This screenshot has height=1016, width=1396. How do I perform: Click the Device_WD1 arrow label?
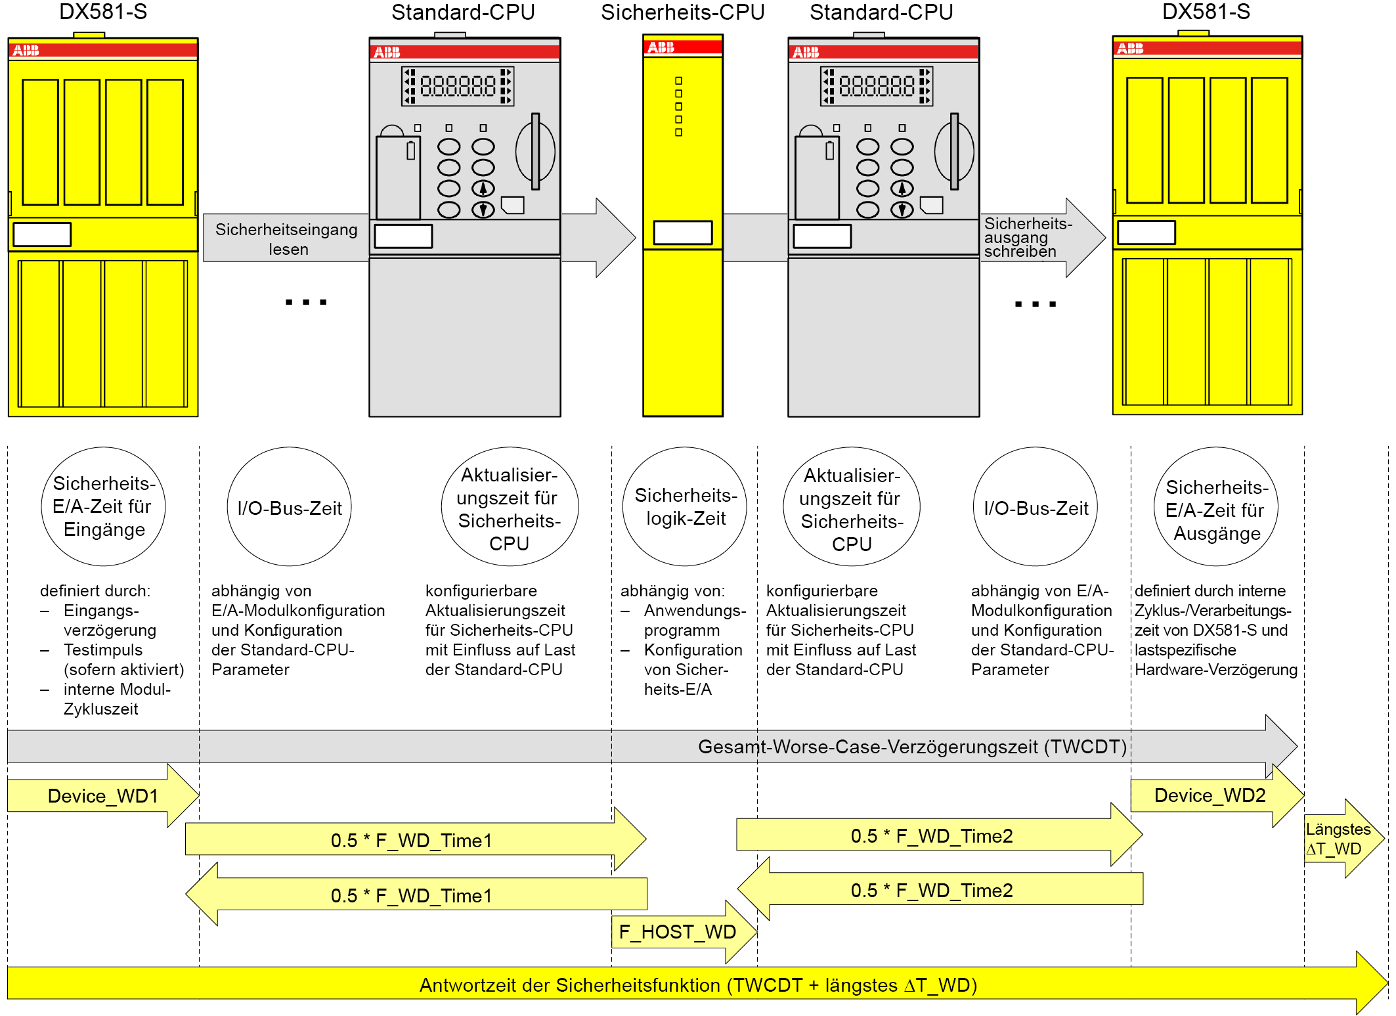102,796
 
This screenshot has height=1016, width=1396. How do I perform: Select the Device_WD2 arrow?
1210,795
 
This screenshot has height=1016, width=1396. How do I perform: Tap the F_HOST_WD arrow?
677,932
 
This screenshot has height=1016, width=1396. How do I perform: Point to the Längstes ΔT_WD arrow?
1338,839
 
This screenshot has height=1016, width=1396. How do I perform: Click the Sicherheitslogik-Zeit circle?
685,506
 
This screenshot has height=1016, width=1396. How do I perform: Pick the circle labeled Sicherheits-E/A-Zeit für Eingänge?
103,506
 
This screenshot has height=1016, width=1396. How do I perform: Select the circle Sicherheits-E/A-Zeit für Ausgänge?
1216,509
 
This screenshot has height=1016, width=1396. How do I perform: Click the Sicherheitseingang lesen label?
287,239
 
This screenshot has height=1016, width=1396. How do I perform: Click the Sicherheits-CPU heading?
682,12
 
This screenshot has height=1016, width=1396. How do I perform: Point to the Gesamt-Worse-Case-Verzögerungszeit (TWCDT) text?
912,747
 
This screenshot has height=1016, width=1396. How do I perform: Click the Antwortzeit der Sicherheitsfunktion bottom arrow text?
698,985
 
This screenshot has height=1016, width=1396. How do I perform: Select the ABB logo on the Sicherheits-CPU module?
661,47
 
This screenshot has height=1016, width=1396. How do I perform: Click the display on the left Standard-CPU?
458,86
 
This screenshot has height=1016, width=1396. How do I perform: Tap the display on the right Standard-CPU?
877,86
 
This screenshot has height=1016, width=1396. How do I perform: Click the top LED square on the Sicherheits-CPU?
678,81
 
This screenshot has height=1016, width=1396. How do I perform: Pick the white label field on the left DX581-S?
42,234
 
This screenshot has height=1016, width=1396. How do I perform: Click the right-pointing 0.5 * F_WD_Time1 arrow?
411,840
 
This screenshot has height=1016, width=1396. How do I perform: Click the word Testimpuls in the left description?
103,650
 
